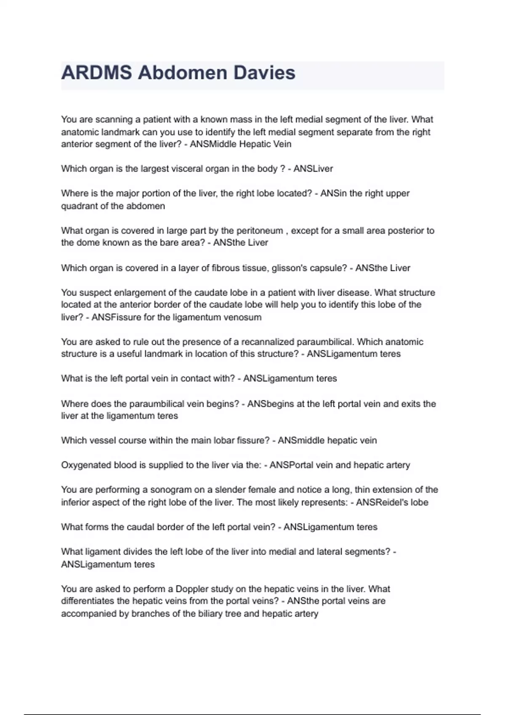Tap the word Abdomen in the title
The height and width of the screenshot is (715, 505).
(183, 73)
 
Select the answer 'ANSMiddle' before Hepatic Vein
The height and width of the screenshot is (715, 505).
(213, 144)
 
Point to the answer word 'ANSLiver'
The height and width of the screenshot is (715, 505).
(313, 169)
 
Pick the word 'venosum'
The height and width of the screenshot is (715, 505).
(244, 317)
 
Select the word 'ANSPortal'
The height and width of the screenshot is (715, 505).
(290, 465)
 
